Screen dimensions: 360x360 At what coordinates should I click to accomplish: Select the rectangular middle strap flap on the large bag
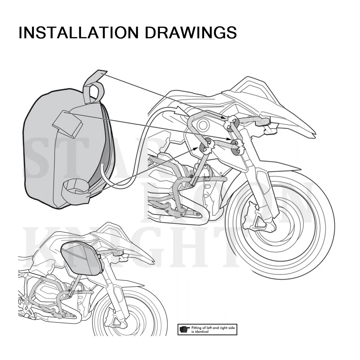tap(68, 124)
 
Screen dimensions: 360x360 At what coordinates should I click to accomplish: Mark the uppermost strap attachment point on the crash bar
tap(231, 122)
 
